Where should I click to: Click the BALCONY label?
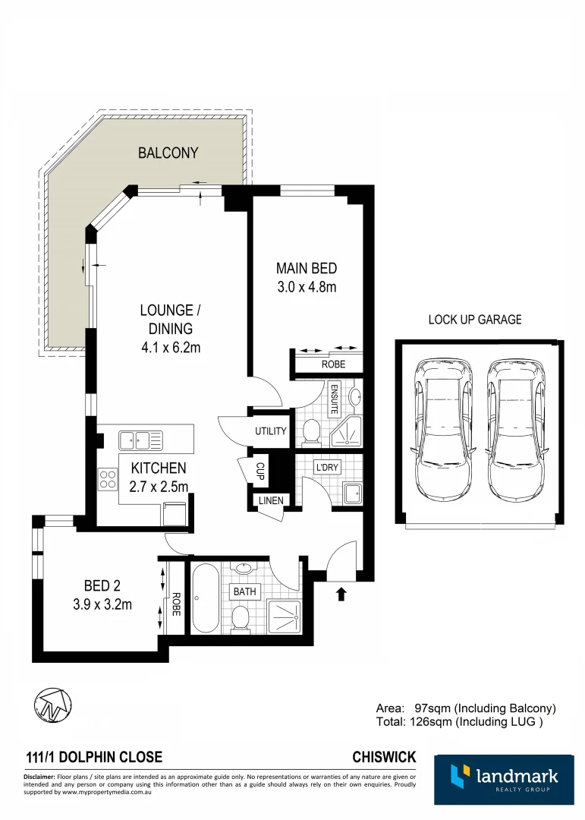click(x=168, y=153)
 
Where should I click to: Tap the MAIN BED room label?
click(x=306, y=269)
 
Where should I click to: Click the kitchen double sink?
click(x=141, y=440)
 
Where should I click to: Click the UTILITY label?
click(x=270, y=431)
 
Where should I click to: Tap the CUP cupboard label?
click(x=259, y=471)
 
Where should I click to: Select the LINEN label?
click(x=270, y=501)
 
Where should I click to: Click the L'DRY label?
click(x=327, y=468)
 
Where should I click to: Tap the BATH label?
click(x=245, y=591)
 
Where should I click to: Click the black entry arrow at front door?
click(x=341, y=594)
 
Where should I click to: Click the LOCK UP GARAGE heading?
click(x=475, y=320)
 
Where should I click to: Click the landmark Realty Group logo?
click(x=504, y=779)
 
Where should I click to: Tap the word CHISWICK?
click(x=384, y=757)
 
